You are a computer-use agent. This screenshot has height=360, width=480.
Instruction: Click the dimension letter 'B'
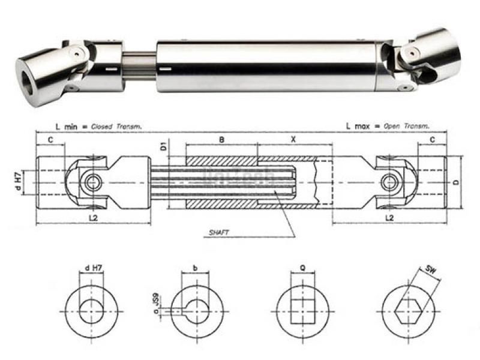pyautogui.click(x=221, y=139)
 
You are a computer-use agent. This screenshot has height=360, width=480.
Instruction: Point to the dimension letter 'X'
pyautogui.click(x=293, y=139)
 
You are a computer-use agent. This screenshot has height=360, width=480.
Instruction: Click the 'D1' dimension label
pyautogui.click(x=163, y=146)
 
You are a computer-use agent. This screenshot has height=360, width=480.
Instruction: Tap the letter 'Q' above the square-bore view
pyautogui.click(x=303, y=269)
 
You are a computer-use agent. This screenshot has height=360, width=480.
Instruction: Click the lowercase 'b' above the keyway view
pyautogui.click(x=196, y=269)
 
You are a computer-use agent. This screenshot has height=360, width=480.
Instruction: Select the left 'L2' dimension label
pyautogui.click(x=93, y=217)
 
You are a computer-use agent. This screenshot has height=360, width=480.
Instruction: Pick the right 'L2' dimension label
pyautogui.click(x=389, y=217)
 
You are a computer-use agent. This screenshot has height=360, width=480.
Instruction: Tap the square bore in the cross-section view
pyautogui.click(x=303, y=311)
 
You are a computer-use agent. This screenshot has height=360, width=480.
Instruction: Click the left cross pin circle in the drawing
pyautogui.click(x=92, y=181)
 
